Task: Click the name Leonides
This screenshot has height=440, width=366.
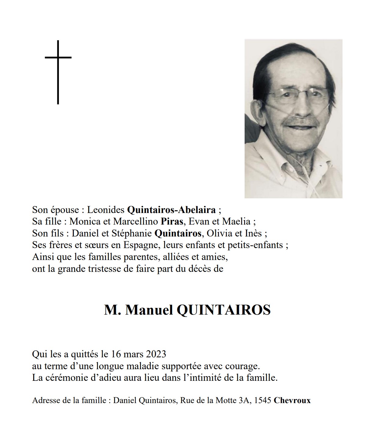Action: point(106,210)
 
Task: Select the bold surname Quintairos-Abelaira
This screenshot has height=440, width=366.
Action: point(171,210)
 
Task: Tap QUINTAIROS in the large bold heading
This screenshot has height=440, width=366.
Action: point(224,310)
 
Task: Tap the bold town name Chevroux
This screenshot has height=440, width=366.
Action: point(292,400)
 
